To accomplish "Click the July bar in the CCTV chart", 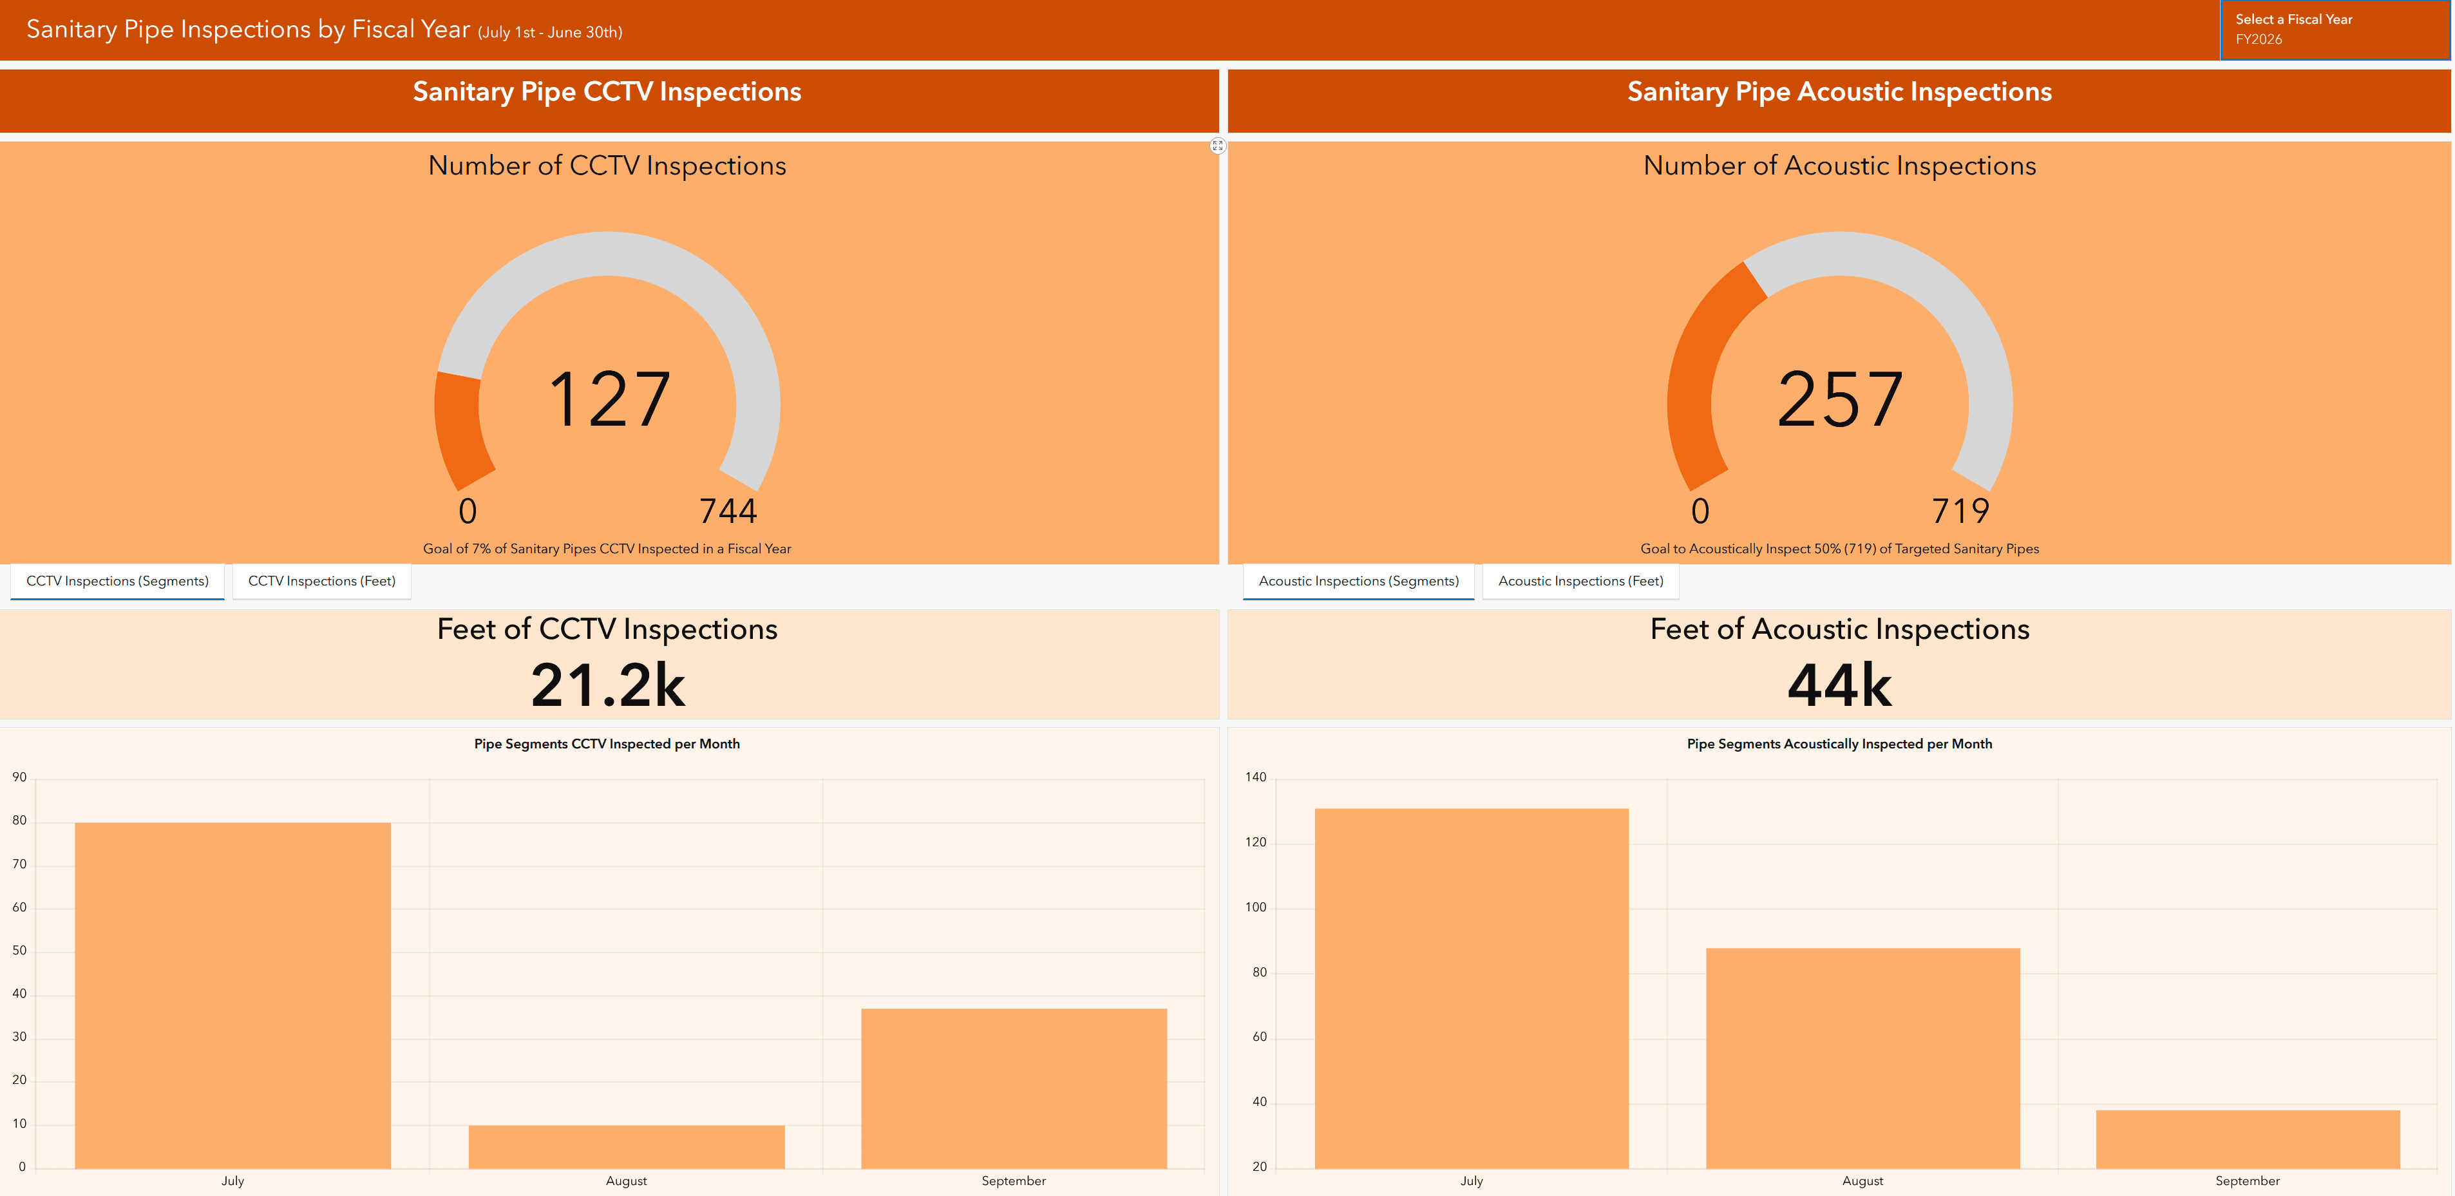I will point(232,995).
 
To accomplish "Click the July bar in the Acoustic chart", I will point(1472,987).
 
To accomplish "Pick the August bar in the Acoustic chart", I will point(1863,1057).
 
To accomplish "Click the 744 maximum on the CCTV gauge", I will point(728,511).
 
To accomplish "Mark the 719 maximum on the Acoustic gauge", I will point(1960,511).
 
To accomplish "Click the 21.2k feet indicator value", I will point(608,684).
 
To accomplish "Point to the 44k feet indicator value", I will point(1839,684).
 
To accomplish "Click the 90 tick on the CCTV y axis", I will point(19,777).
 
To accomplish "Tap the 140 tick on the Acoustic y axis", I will point(1255,777).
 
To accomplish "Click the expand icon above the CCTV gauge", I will point(1217,146).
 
